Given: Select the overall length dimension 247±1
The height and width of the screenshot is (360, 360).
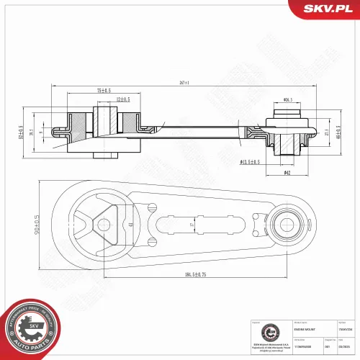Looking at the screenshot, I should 184,83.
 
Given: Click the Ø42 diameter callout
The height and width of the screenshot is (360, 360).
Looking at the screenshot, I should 287,172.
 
